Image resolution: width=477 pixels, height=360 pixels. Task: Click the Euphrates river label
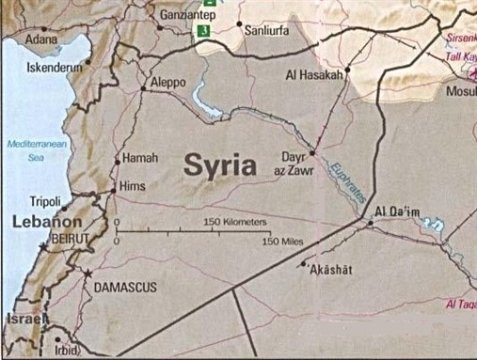coord(341,180)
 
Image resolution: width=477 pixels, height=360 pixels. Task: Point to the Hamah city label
coord(142,158)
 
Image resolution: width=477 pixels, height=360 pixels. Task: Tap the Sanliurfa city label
coord(266,30)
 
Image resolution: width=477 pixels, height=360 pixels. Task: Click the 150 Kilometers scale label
coord(235,222)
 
